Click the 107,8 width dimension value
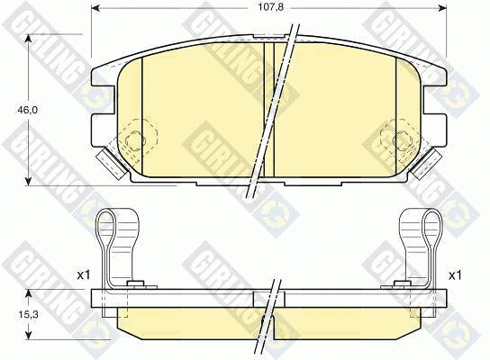pos(270,7)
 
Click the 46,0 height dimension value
pos(28,110)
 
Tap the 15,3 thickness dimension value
pos(28,315)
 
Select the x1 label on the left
pos(83,275)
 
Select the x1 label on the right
pos(455,275)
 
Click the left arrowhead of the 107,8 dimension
pos(95,8)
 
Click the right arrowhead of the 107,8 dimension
pos(443,8)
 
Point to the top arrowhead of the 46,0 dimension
pos(29,38)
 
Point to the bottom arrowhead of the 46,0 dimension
pos(29,182)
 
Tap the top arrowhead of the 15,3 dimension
pos(29,293)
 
